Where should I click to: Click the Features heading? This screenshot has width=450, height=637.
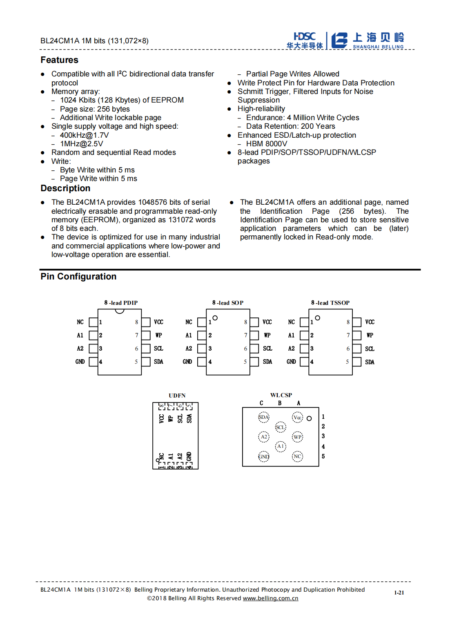(59, 60)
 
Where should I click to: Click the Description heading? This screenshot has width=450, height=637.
(65, 188)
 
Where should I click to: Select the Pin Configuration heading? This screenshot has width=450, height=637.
(78, 277)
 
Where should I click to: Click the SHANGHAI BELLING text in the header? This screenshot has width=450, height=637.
(378, 47)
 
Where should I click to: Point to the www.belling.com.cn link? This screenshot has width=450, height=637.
(270, 598)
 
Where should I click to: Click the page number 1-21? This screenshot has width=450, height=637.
(399, 592)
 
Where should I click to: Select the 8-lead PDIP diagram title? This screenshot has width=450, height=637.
(121, 303)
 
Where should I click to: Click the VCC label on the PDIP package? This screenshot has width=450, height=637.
(158, 322)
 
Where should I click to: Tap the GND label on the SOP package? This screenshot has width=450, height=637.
(187, 362)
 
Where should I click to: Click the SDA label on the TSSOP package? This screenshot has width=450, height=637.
(370, 362)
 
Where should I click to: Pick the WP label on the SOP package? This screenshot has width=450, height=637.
(267, 335)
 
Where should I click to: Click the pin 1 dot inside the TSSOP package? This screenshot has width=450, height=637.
(317, 317)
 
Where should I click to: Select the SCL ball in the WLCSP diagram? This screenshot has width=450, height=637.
(280, 427)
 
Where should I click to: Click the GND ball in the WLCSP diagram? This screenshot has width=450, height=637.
(264, 456)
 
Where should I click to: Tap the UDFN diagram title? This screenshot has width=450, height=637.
(177, 396)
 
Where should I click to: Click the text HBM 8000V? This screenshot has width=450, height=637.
(267, 144)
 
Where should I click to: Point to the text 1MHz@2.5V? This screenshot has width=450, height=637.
(81, 144)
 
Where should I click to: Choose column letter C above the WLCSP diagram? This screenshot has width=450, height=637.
(261, 403)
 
